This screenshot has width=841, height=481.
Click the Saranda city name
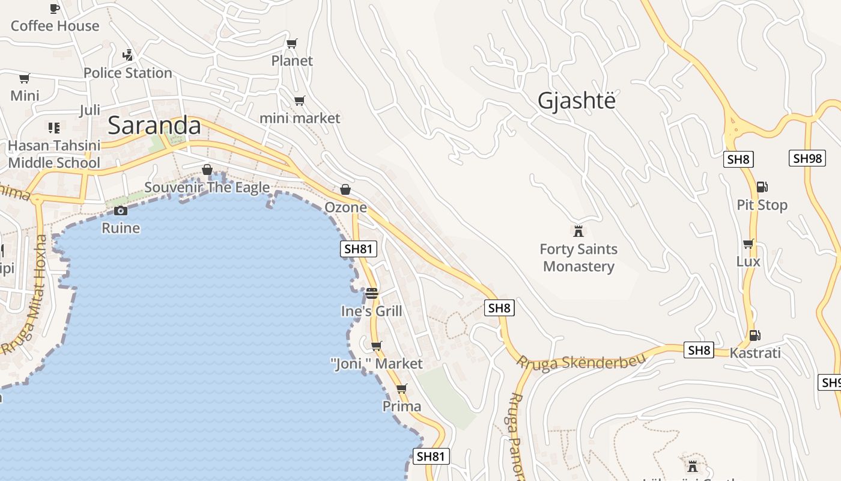(x=154, y=125)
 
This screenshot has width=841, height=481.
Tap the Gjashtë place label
(x=577, y=100)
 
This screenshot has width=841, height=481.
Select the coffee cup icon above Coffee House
(x=55, y=8)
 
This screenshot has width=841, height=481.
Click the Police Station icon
(x=127, y=55)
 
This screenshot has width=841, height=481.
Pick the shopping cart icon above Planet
(x=292, y=43)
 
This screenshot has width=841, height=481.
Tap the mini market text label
(x=300, y=118)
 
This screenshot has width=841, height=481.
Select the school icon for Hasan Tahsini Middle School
(x=54, y=127)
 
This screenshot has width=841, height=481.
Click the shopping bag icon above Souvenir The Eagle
(x=207, y=170)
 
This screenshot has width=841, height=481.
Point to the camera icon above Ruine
(x=121, y=210)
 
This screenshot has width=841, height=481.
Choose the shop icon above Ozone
(x=345, y=189)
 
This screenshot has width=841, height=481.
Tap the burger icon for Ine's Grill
(x=372, y=293)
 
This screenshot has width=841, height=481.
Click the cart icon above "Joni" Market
(x=377, y=346)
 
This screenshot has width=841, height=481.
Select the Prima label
(x=402, y=406)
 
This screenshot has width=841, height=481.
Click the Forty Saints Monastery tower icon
(x=578, y=231)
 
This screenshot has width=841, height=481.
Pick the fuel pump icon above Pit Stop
(x=762, y=187)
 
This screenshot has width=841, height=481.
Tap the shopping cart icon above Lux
(x=748, y=244)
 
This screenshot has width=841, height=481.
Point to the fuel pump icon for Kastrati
(x=755, y=335)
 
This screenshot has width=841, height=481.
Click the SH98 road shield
(x=807, y=158)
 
